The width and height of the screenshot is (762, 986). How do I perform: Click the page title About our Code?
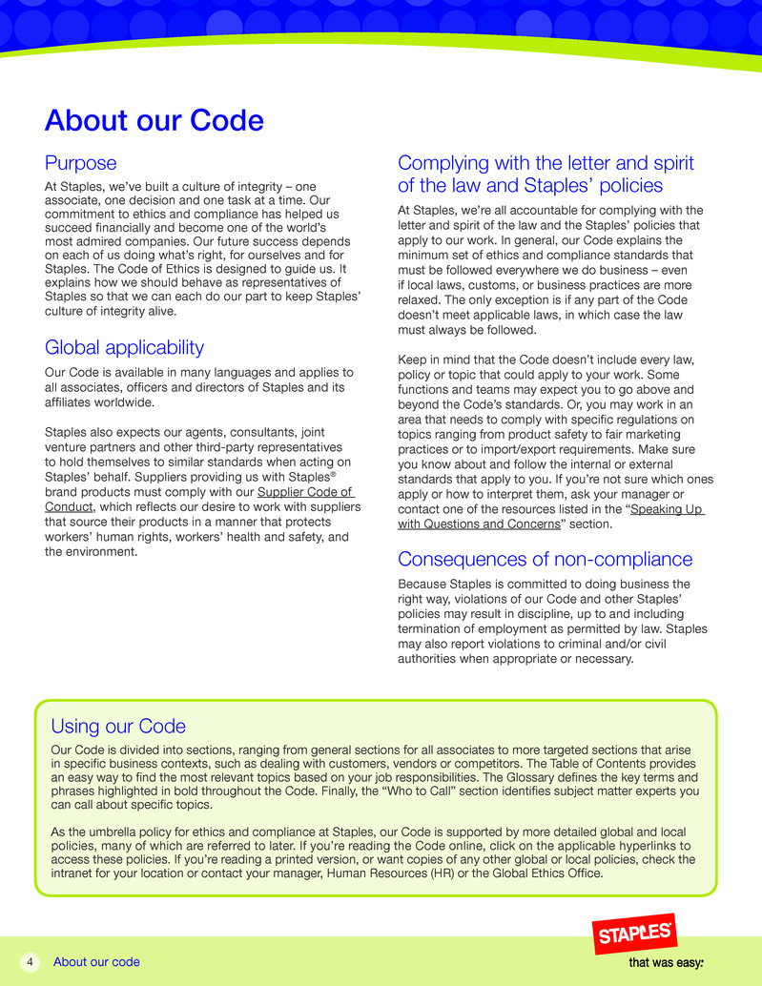154,121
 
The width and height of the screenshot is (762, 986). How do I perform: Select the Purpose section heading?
81,163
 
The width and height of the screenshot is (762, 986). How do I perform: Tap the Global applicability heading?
124,347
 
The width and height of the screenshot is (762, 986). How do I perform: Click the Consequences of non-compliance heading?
545,559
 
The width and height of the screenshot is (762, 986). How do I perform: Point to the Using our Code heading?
118,727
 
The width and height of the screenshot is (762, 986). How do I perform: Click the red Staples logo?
635,934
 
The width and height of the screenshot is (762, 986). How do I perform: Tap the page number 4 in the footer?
30,961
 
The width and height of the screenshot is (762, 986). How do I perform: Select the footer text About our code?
96,961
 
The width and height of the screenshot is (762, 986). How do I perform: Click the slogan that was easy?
666,962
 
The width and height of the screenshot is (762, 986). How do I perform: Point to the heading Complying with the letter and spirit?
546,163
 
